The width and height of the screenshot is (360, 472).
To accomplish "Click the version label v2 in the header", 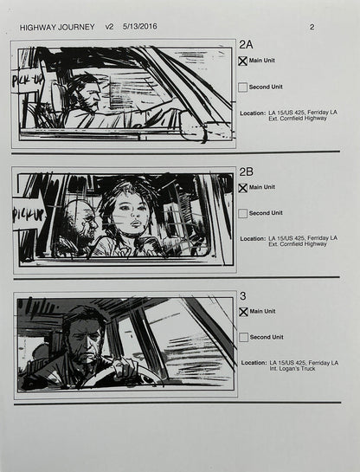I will pos(109,27).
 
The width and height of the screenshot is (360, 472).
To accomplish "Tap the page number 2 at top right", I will pos(312,27).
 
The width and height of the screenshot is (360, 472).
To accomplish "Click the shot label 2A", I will pos(246,45).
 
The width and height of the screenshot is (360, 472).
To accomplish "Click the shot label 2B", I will pos(246,171).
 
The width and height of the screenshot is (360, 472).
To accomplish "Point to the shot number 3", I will pos(242,296).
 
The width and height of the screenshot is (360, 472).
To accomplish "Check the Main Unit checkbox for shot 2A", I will pos(243,61).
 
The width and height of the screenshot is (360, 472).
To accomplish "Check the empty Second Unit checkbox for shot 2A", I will pos(243,87).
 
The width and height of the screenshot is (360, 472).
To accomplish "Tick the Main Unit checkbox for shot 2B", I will pos(243,187).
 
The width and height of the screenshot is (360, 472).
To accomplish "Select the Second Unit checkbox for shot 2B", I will pos(243,213).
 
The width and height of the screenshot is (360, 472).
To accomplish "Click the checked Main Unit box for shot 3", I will pos(243,312).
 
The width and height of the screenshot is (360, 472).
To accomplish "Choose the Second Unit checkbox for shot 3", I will pos(243,338).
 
